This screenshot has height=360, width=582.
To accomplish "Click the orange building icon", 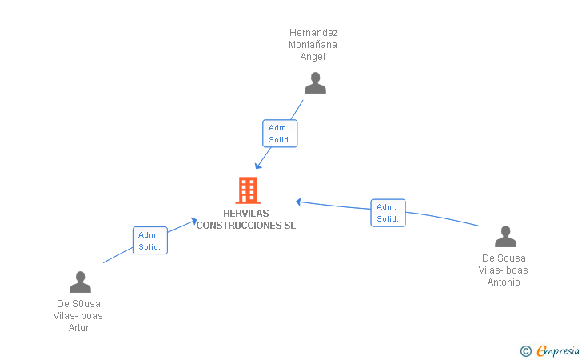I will pos(248,190).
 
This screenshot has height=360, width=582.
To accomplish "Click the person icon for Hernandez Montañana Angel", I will pos(315,83).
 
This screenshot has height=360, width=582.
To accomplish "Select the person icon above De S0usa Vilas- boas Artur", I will pos(80,282).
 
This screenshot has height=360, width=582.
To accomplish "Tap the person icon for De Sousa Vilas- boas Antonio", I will pos(505,237).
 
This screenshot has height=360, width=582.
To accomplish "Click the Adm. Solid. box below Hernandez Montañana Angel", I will pos(280,134).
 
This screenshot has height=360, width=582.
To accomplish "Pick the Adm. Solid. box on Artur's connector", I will pos(149,241).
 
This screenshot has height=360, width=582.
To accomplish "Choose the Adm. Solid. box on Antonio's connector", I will pos(388,213).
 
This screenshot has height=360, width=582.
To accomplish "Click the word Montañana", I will pos(313,45).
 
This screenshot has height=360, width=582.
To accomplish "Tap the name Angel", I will pos(313,57).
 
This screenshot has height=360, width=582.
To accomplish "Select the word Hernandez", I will pos(313,33).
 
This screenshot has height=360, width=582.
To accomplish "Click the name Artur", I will pos(78,328).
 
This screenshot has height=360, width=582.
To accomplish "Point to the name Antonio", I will pos(504,282).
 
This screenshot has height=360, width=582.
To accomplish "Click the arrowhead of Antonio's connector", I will pos(298,202).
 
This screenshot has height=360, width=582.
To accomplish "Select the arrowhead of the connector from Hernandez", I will pos(258,166).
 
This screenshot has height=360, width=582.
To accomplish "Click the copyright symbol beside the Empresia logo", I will pos(525,350).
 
